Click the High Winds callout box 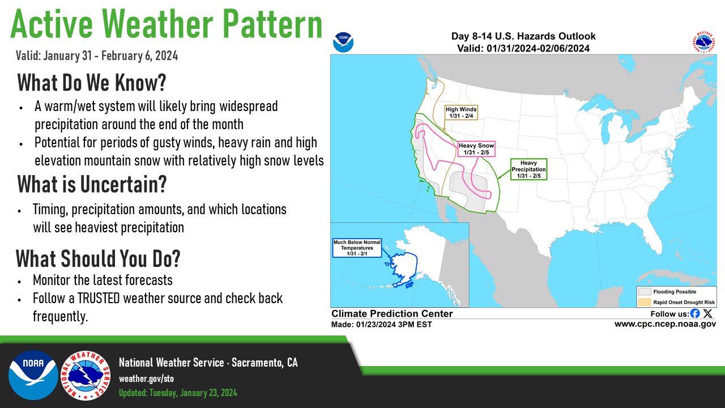tap(461, 112)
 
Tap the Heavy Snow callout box tap(476, 149)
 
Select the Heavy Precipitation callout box tap(528, 169)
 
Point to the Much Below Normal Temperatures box tap(357, 248)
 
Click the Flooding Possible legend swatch tap(645, 292)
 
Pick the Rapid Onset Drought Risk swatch tap(645, 303)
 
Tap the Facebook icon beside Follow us tap(694, 313)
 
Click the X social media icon tap(708, 313)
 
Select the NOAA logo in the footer tap(33, 375)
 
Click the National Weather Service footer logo tap(86, 376)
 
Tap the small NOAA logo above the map tap(343, 42)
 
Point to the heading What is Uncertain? tap(92, 184)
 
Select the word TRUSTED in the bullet tap(99, 298)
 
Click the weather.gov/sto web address tap(146, 379)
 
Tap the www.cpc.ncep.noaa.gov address tap(665, 324)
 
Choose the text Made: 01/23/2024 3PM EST tap(381, 325)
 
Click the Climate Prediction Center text tap(392, 313)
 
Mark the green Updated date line tap(178, 393)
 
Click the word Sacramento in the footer tap(257, 363)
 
